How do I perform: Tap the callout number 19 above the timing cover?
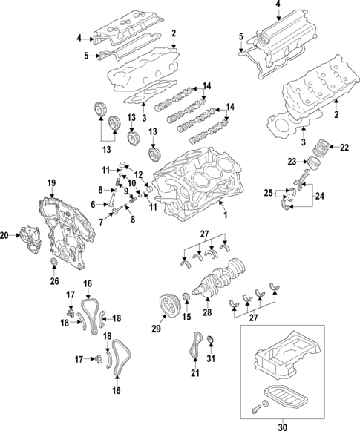coord(52,182)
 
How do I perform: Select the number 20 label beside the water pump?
coord(6,236)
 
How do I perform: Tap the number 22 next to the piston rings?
coord(343,148)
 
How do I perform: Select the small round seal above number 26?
coord(53,266)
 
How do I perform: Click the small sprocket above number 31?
coord(210,342)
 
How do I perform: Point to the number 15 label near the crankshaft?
coord(186,318)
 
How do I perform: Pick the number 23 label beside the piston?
coord(291,161)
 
